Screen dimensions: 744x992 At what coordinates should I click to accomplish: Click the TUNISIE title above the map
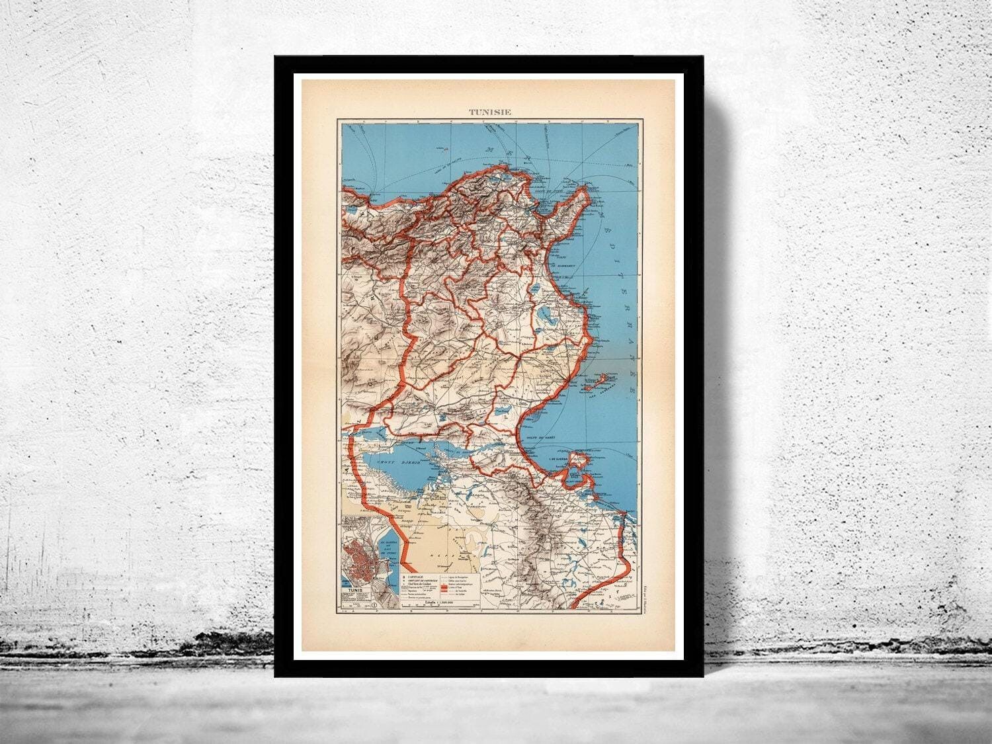(x=489, y=112)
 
